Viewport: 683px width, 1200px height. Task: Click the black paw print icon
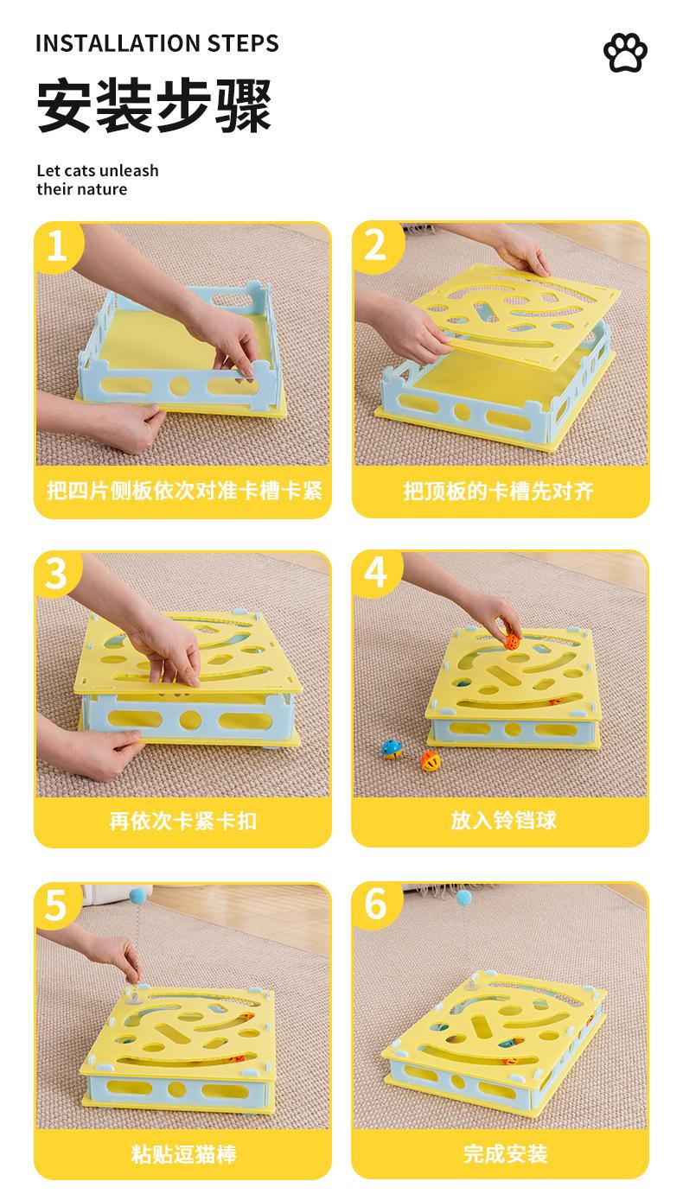tap(625, 53)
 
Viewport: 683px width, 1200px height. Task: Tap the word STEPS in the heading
tap(244, 43)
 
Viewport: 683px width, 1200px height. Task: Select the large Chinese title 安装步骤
tap(155, 105)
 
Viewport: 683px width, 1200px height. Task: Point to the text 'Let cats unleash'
tap(98, 170)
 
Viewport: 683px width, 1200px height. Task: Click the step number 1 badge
tap(57, 246)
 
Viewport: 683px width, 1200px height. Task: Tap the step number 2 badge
tap(375, 245)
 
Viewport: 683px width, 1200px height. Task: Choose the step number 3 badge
tap(56, 574)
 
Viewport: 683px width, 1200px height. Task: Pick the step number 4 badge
tap(375, 572)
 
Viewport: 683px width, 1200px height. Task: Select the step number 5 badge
tap(56, 905)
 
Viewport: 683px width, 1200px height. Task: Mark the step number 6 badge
tap(375, 903)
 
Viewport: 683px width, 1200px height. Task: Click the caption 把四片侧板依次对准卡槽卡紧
tap(184, 491)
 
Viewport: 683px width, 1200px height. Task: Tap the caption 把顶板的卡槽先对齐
tap(499, 491)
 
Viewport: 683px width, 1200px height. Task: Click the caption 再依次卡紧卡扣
tap(183, 821)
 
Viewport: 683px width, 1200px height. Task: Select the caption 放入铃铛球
tap(503, 820)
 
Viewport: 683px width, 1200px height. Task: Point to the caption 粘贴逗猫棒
tap(184, 1154)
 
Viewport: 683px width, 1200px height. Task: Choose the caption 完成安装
tap(506, 1153)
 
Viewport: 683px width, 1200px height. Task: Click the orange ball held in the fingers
tap(512, 641)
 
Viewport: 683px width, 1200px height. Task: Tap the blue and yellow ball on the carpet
tap(392, 749)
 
